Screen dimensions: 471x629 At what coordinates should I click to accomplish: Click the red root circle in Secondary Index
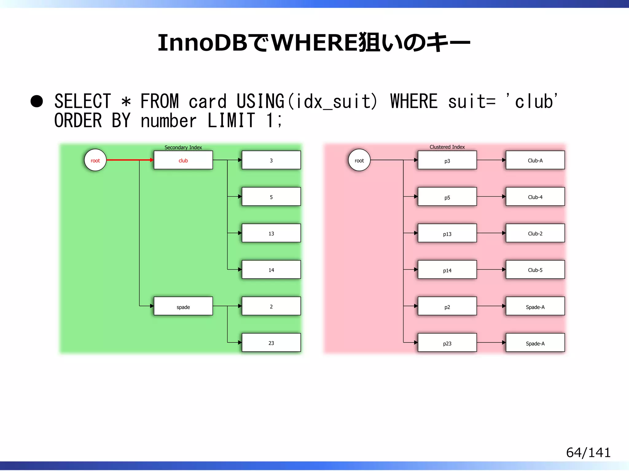click(x=95, y=160)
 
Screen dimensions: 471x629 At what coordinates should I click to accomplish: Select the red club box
click(x=183, y=160)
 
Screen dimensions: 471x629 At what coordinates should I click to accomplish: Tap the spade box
click(x=183, y=306)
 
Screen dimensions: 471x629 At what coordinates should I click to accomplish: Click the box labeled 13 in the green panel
click(x=271, y=233)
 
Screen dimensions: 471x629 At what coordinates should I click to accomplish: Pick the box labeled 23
click(x=271, y=343)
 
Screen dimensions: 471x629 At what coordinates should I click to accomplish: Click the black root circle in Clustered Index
click(x=359, y=160)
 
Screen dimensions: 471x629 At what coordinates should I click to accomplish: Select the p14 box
click(x=447, y=270)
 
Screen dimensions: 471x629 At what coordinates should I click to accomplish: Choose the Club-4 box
click(x=535, y=197)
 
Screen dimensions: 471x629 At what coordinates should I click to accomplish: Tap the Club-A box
click(x=535, y=160)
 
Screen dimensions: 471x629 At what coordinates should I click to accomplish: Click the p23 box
click(x=447, y=343)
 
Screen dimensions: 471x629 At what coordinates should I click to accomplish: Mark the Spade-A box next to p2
click(x=535, y=306)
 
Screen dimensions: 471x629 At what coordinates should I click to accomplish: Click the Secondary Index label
click(x=183, y=147)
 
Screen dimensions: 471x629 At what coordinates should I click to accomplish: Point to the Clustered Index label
click(x=447, y=147)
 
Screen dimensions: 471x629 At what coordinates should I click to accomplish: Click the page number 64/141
click(x=588, y=453)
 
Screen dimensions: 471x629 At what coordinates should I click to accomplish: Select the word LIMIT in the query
click(x=231, y=120)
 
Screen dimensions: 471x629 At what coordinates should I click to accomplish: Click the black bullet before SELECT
click(x=37, y=101)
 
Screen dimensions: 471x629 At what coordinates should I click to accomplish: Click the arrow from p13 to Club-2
click(x=491, y=233)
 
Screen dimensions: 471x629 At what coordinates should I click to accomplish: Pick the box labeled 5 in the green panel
click(x=271, y=197)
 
